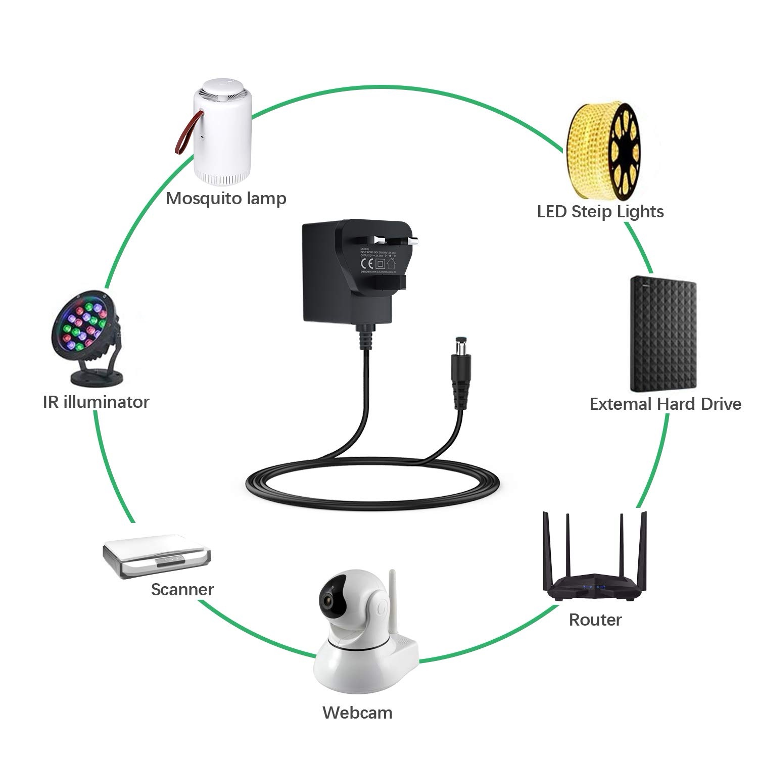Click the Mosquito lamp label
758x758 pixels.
coord(226,199)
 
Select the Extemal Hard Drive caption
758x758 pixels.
coord(665,404)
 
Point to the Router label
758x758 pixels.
coord(595,619)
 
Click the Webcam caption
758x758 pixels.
coord(357,713)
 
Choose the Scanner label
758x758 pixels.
coord(182,589)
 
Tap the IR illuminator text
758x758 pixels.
coord(96,402)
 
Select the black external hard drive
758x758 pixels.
coord(663,334)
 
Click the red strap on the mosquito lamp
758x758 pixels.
coord(184,134)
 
